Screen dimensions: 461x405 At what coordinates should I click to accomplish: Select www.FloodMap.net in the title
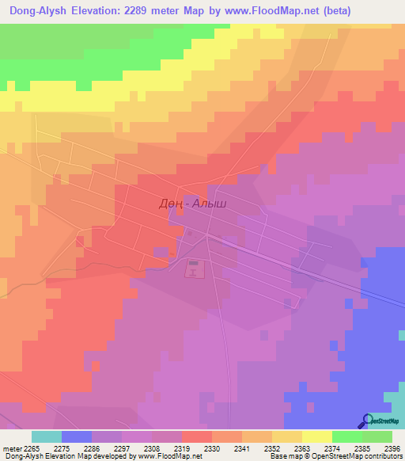tap(267, 10)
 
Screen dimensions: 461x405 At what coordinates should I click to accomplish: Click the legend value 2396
tap(392, 449)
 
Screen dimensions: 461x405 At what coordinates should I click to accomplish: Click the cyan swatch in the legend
tap(46, 436)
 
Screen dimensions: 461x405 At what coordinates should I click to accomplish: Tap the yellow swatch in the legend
tap(316, 436)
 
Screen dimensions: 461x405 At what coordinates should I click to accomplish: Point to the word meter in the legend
tap(12, 449)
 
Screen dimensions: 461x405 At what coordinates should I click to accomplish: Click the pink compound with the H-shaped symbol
tap(194, 270)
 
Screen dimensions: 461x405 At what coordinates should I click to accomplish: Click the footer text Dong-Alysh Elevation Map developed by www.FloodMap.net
tap(101, 457)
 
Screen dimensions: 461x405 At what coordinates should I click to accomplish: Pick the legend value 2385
tap(361, 449)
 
